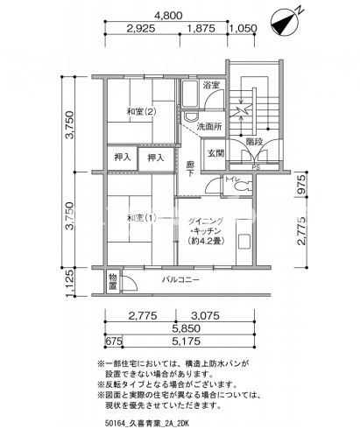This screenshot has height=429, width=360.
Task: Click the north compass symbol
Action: [284, 23]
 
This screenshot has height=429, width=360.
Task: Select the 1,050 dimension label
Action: [244, 28]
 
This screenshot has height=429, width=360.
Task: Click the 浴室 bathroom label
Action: [211, 85]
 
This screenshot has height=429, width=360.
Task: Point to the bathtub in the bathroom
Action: [190, 94]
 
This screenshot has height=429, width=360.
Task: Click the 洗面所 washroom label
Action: [209, 126]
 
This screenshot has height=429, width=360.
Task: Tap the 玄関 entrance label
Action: [215, 153]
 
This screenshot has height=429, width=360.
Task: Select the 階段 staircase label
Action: [254, 142]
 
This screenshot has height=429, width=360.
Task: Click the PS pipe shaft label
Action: [256, 167]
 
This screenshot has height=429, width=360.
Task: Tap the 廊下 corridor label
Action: [190, 169]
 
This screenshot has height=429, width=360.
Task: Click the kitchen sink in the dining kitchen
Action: [244, 241]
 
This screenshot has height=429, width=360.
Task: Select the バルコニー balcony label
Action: [180, 280]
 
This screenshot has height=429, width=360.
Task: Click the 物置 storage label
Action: [113, 281]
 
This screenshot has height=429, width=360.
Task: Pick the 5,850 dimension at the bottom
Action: [186, 328]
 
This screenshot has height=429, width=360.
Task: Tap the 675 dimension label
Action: [114, 341]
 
